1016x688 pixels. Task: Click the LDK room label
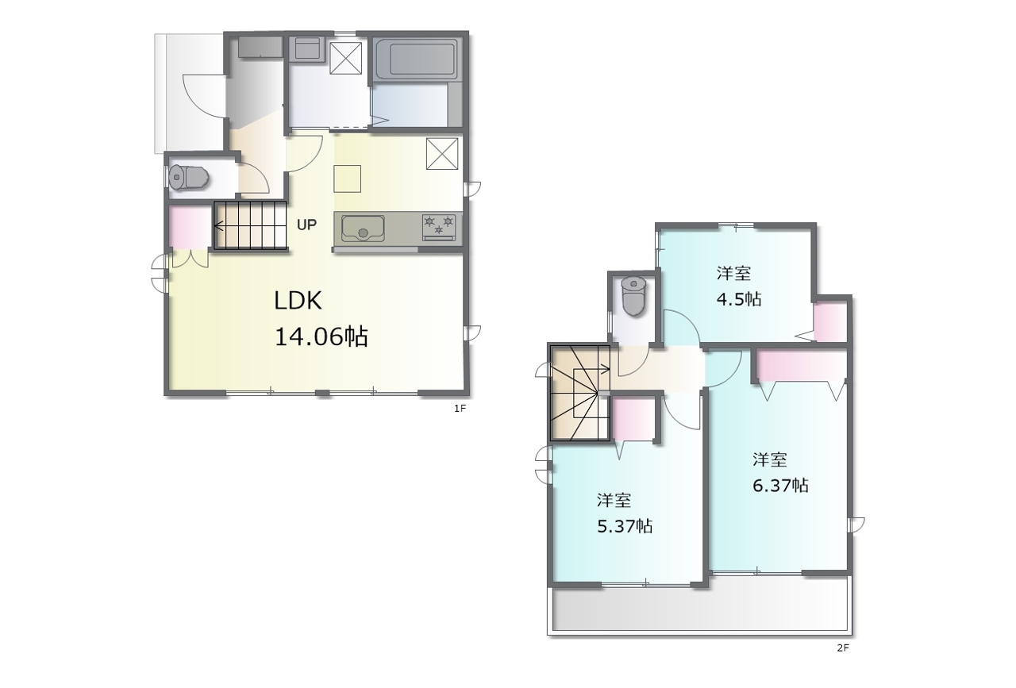[298, 301]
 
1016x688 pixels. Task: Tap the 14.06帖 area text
[321, 336]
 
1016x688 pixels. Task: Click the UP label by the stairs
[306, 225]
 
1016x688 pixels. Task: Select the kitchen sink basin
[363, 228]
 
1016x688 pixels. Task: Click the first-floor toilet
[188, 177]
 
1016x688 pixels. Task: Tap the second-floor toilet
[633, 296]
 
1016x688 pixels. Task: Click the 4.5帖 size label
[738, 299]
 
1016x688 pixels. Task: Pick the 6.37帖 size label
[780, 486]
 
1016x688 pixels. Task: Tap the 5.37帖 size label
[625, 526]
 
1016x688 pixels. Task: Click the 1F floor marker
[460, 409]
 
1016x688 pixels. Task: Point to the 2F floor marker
[843, 648]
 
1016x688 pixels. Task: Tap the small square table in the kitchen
[348, 179]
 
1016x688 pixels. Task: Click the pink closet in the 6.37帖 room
[802, 366]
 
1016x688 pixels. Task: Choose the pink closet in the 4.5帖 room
[830, 322]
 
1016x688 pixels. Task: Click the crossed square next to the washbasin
[345, 58]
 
